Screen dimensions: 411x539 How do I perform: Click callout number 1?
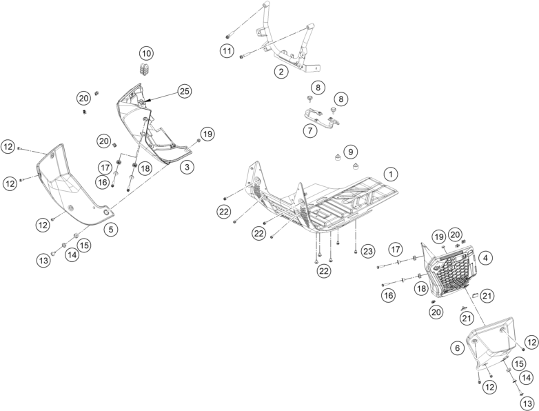[389, 174]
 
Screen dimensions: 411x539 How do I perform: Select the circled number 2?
[281, 71]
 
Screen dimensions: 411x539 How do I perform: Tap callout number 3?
[186, 166]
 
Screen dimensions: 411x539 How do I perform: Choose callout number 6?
[456, 349]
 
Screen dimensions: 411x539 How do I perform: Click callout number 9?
[350, 151]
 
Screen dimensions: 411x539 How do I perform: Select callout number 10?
[146, 52]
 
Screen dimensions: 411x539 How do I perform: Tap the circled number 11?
[227, 50]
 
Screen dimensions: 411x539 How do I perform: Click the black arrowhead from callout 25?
[147, 101]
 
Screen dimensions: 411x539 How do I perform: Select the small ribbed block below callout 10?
[145, 68]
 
